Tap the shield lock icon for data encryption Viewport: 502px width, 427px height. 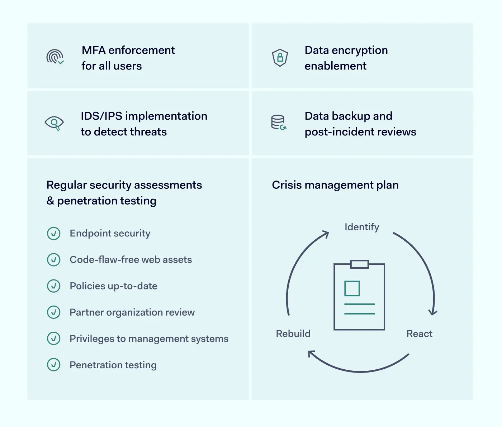[280, 57]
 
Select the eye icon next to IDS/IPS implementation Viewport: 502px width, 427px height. [54, 123]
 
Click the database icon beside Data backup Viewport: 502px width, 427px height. [279, 123]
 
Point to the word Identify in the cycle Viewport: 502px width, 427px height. [362, 227]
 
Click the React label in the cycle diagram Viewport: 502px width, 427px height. [419, 334]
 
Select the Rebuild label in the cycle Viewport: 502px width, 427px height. [293, 334]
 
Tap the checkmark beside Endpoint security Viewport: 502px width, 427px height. [54, 234]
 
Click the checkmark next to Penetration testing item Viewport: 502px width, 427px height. [54, 365]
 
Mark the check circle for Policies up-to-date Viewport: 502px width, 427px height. [54, 286]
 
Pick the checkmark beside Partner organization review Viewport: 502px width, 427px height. [54, 312]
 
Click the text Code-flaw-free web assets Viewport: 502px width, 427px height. [131, 260]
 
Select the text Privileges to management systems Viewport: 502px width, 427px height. [149, 339]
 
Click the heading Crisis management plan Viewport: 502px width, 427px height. [335, 185]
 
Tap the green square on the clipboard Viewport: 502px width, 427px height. [352, 288]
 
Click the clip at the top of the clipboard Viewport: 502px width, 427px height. [359, 264]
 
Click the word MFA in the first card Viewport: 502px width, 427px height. [94, 50]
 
